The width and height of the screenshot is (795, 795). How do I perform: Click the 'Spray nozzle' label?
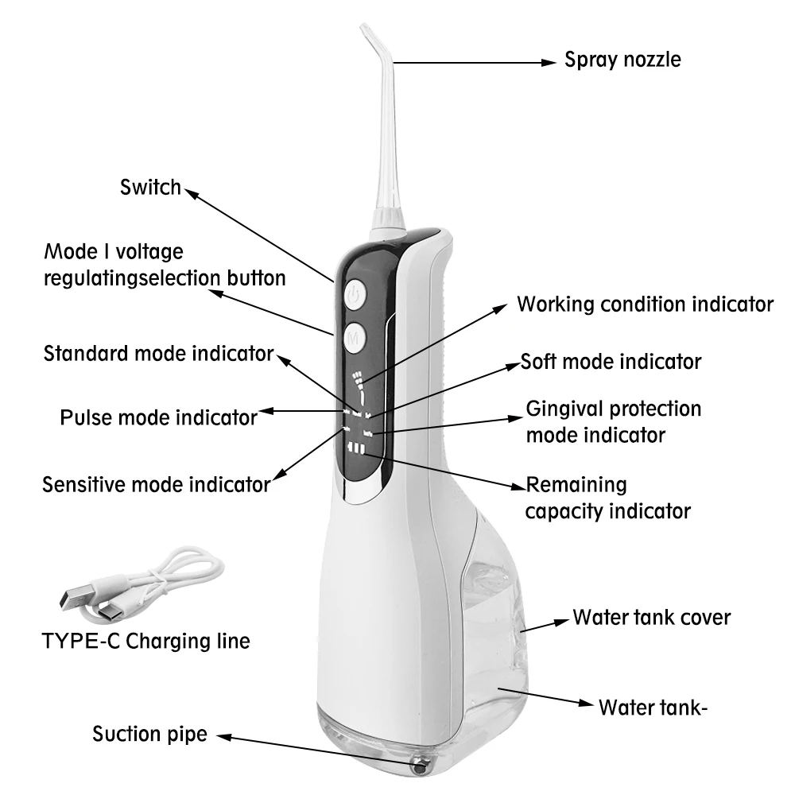(x=622, y=60)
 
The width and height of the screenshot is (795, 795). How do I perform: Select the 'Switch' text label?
(x=151, y=188)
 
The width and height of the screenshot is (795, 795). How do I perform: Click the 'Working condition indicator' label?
(x=645, y=304)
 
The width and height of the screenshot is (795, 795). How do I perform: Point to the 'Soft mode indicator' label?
(x=611, y=362)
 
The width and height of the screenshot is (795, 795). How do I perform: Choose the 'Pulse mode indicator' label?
(x=159, y=417)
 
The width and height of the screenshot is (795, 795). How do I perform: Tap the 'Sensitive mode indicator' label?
(x=157, y=483)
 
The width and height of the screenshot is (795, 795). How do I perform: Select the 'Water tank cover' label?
(x=651, y=617)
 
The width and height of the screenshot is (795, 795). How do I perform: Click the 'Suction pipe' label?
(x=149, y=733)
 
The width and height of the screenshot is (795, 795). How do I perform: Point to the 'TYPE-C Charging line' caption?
(x=145, y=641)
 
